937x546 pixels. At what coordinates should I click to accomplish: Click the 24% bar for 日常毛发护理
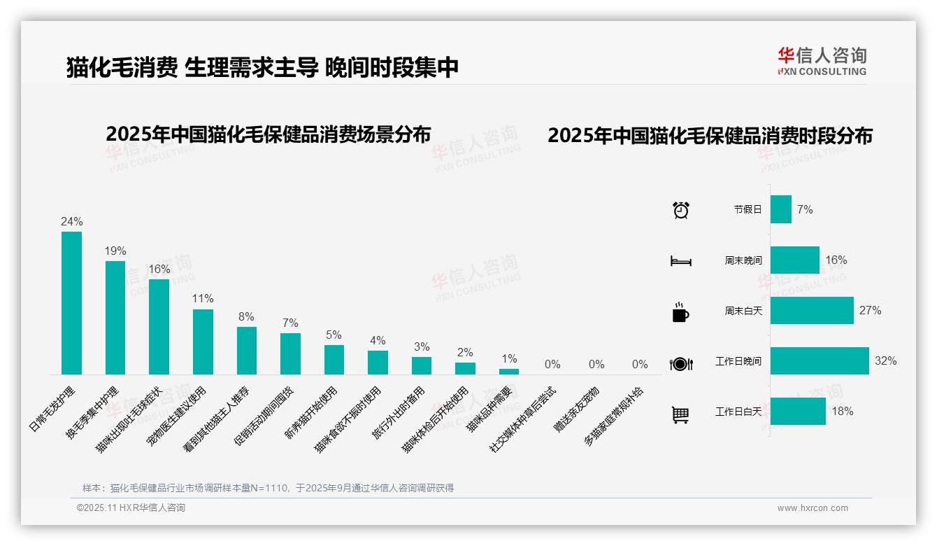click(x=71, y=303)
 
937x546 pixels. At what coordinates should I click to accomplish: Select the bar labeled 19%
click(x=115, y=318)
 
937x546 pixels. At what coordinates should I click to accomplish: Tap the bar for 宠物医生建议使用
click(x=203, y=342)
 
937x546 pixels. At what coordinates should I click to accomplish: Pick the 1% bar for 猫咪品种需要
click(x=509, y=371)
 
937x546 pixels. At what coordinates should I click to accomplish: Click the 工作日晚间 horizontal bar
click(x=820, y=361)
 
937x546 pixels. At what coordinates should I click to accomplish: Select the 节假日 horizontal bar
click(x=781, y=209)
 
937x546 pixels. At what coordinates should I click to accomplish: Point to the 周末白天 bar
click(x=812, y=311)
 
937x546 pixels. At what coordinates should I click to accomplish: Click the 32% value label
click(x=885, y=361)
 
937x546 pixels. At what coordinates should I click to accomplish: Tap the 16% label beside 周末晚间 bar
click(x=836, y=260)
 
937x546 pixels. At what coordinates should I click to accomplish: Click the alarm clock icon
click(x=680, y=210)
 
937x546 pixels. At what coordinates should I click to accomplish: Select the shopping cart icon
click(x=680, y=414)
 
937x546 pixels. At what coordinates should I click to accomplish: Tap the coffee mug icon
click(x=680, y=313)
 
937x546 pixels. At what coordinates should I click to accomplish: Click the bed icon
click(x=680, y=262)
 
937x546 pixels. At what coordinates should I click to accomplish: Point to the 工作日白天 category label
click(x=738, y=412)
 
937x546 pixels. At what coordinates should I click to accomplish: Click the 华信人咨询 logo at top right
click(x=822, y=61)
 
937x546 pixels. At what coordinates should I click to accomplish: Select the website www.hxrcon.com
click(x=813, y=508)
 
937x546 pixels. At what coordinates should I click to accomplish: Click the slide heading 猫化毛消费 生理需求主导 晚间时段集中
click(x=262, y=67)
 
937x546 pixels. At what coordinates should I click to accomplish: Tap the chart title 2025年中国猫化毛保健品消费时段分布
click(x=710, y=136)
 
